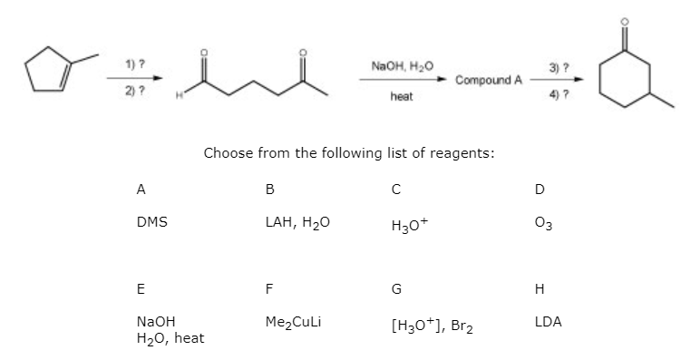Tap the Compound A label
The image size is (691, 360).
pos(489,80)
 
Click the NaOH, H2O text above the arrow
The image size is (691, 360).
pos(396,65)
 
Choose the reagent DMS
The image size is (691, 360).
pos(151,221)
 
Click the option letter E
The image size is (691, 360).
pos(140,290)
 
